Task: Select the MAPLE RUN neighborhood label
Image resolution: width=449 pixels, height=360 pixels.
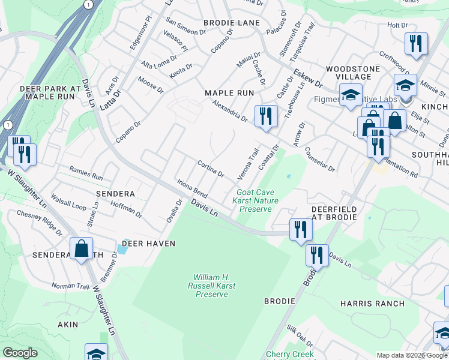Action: [x=229, y=93]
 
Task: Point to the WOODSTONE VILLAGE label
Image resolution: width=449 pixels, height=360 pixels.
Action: [x=353, y=73]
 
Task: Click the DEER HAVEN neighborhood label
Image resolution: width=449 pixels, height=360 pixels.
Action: [x=148, y=244]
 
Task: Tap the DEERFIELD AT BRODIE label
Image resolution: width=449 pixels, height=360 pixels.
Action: [x=334, y=214]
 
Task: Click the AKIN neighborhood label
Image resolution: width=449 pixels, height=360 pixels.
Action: [x=68, y=325]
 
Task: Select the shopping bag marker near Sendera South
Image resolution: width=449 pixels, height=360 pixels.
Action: [x=81, y=248]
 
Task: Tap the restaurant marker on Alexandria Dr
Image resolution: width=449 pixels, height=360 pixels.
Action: [x=266, y=115]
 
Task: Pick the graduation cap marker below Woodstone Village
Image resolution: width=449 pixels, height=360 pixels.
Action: [x=351, y=95]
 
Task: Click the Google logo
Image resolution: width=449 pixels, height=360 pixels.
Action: [x=20, y=352]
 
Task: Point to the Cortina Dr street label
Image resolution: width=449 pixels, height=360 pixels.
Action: [x=211, y=169]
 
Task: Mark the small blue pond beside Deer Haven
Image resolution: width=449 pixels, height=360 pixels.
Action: [x=122, y=250]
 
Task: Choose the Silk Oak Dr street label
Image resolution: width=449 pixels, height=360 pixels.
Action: [x=300, y=335]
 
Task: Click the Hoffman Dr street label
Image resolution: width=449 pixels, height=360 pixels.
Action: [x=127, y=209]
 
